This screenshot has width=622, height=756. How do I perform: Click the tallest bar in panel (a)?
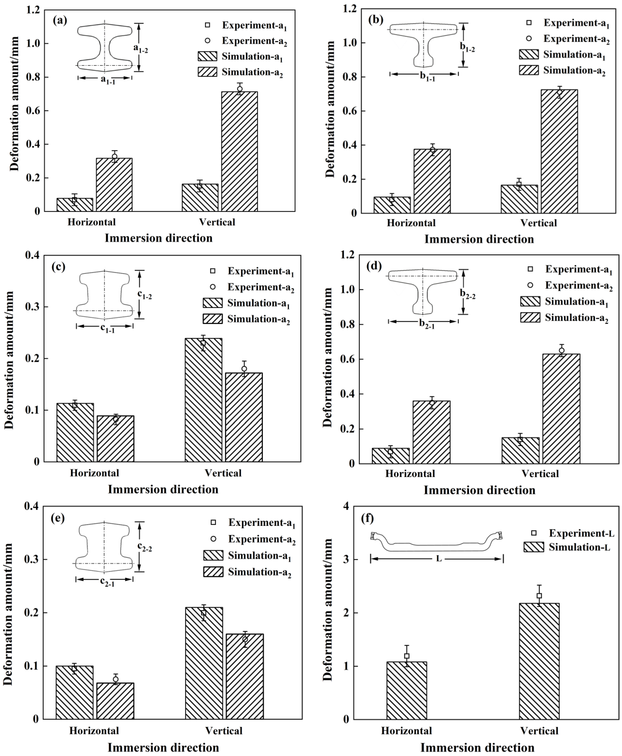click(x=239, y=151)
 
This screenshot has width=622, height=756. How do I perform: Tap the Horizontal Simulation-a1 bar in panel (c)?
click(x=75, y=432)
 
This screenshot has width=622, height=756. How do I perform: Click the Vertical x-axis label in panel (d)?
click(x=540, y=474)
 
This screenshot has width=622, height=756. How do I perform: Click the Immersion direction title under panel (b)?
click(x=479, y=239)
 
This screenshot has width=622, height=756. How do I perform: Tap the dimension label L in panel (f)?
click(x=439, y=559)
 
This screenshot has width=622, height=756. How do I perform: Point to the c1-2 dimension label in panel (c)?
click(x=145, y=294)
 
